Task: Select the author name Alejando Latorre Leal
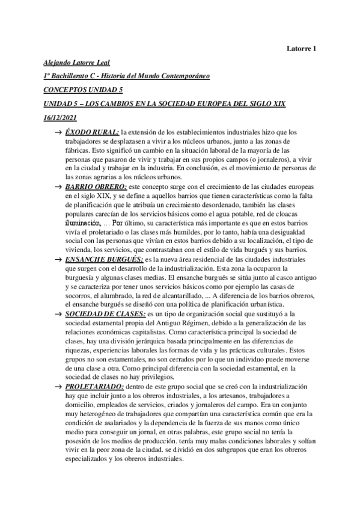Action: click(x=78, y=63)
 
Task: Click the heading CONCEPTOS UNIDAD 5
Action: click(x=83, y=90)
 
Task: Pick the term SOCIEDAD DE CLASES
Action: click(x=105, y=314)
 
